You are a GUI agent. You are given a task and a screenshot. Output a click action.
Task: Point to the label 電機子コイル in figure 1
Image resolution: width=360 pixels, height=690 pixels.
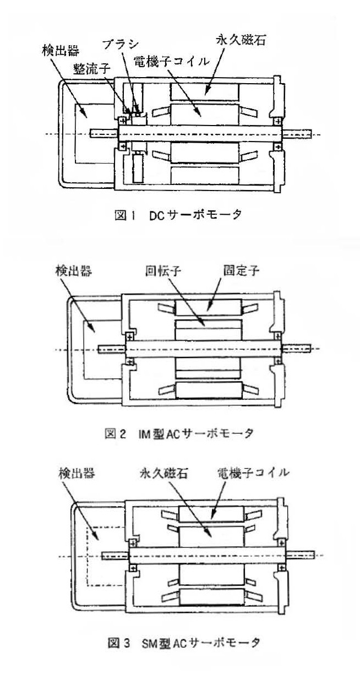(x=174, y=62)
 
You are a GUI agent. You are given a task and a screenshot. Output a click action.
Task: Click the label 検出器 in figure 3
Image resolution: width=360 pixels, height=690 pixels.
(x=75, y=473)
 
